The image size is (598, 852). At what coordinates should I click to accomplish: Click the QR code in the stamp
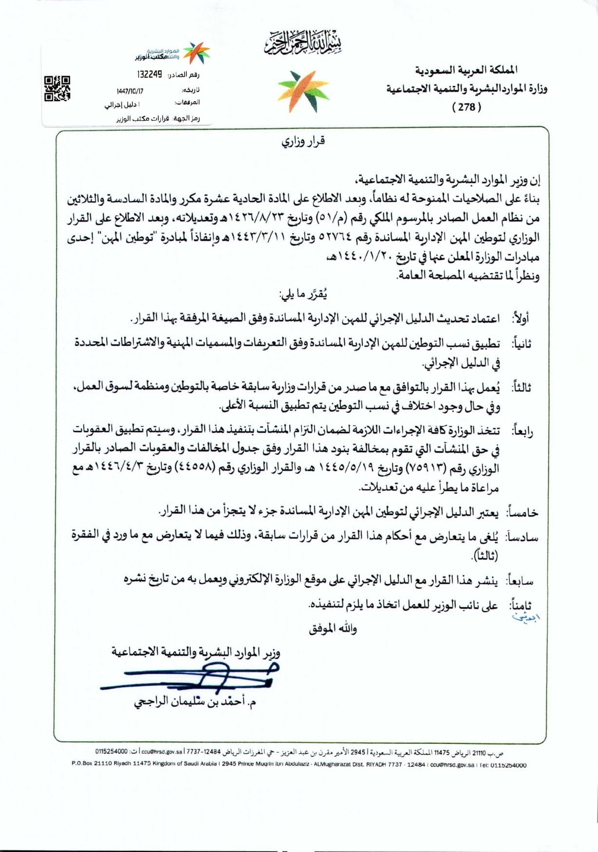tap(57, 88)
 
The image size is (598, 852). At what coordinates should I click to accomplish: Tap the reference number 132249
tap(149, 74)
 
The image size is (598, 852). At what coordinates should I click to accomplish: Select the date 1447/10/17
tap(130, 91)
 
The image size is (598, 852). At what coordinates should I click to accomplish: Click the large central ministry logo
tap(303, 92)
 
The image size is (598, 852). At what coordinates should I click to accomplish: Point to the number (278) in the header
tap(467, 107)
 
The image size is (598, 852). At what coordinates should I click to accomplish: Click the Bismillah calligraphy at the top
tap(303, 43)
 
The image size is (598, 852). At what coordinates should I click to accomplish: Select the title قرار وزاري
tap(303, 142)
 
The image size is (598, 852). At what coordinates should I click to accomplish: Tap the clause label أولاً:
tap(520, 319)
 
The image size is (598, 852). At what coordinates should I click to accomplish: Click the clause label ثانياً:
tap(521, 344)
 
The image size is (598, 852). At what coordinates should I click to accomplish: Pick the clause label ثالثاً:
tap(520, 388)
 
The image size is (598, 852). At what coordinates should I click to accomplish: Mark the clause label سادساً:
tap(522, 537)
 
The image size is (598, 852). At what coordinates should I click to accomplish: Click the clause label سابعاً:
tap(520, 581)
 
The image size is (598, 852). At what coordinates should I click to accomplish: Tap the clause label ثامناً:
tap(520, 606)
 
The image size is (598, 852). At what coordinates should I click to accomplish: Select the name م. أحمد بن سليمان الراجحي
tap(195, 702)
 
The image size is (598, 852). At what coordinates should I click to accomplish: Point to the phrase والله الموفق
tap(333, 629)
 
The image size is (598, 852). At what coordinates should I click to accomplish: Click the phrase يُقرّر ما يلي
tap(303, 294)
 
